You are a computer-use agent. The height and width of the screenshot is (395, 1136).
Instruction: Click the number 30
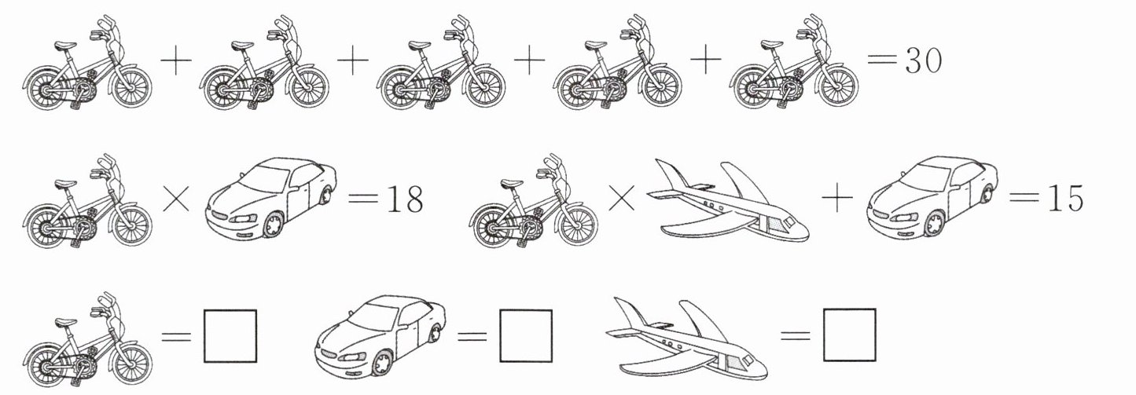924,60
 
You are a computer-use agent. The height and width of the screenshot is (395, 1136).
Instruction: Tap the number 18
404,199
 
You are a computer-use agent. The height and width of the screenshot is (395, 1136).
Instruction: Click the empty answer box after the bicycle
230,336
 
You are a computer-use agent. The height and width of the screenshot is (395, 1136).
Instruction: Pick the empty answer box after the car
526,336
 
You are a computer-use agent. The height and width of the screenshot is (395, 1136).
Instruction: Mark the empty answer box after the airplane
850,335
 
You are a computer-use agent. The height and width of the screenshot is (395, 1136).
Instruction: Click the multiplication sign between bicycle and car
176,199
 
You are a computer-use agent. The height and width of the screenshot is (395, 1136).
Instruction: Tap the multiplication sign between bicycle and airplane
621,198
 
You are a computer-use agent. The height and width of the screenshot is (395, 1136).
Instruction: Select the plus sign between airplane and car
836,198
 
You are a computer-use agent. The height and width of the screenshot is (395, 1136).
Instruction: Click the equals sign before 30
882,60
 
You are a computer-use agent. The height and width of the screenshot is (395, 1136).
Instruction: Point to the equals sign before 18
364,199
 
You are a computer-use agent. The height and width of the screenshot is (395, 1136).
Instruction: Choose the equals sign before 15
1024,198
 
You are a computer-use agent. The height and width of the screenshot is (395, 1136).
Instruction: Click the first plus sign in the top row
176,60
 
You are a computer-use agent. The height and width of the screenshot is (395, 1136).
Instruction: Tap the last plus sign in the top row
705,60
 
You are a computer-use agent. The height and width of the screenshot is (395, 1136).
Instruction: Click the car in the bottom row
381,335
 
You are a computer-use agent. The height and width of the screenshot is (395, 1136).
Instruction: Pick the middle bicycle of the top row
441,63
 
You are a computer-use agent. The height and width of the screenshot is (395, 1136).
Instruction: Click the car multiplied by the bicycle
270,198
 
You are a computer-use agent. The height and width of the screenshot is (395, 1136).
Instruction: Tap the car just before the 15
932,196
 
